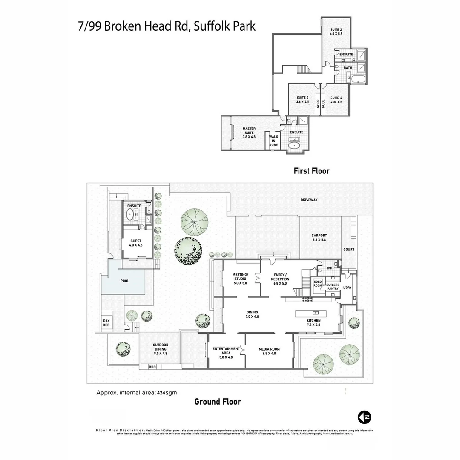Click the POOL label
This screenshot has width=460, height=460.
[x=124, y=281]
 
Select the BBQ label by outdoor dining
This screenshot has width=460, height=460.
[x=152, y=367]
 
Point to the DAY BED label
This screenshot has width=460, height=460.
[x=106, y=323]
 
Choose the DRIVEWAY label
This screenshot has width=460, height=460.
[x=309, y=200]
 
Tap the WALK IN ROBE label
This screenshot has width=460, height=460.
[x=273, y=141]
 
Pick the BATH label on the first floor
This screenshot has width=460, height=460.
[x=348, y=68]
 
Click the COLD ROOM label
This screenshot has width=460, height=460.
[x=318, y=284]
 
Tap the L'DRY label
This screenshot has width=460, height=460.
[x=348, y=287]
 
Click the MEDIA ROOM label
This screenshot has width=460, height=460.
[x=267, y=351]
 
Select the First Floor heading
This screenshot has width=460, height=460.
[x=311, y=171]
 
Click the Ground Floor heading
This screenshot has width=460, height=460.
[x=218, y=402]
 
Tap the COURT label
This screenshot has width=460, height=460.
[x=349, y=250]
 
